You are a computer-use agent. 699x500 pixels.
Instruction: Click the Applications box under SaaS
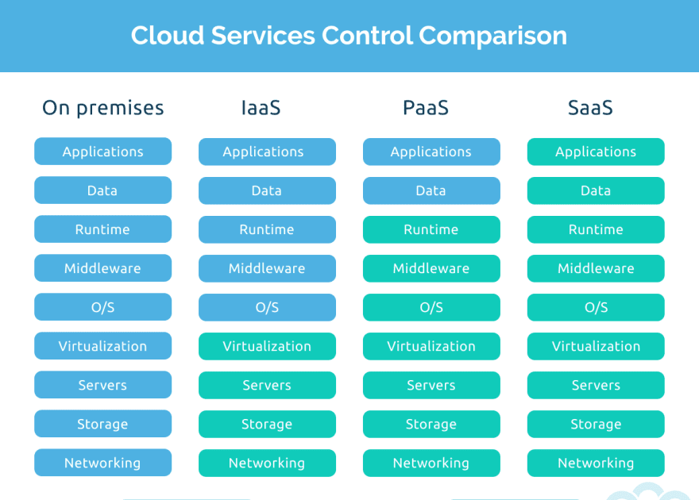(x=596, y=152)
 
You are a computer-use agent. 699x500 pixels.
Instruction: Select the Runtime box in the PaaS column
(x=431, y=229)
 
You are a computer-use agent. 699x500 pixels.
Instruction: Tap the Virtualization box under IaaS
(x=267, y=346)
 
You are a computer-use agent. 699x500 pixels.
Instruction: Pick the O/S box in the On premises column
(x=102, y=307)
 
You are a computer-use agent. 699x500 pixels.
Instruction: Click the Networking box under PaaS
(x=431, y=463)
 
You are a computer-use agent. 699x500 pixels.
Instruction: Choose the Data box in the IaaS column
(x=267, y=190)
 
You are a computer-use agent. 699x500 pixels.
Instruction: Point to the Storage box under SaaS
(x=596, y=424)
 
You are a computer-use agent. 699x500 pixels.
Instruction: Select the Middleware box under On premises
(x=102, y=268)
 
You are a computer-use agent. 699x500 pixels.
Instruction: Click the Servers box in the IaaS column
(x=267, y=385)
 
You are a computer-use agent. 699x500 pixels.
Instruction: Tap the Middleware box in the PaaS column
(x=431, y=268)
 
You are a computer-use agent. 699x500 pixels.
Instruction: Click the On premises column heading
(x=102, y=108)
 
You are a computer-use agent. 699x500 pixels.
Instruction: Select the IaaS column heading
(x=261, y=108)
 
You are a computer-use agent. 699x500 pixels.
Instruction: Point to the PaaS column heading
(x=426, y=108)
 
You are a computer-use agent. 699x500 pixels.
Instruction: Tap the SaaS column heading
(x=590, y=108)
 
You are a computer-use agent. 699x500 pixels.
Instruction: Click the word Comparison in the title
(x=492, y=36)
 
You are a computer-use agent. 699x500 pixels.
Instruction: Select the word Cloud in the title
(x=163, y=36)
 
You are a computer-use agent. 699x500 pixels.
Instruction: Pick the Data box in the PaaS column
(x=431, y=190)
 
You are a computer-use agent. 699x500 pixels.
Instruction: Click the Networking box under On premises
(x=102, y=463)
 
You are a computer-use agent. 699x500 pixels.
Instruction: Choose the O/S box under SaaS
(x=596, y=307)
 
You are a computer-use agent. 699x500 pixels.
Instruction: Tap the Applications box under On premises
(x=102, y=152)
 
